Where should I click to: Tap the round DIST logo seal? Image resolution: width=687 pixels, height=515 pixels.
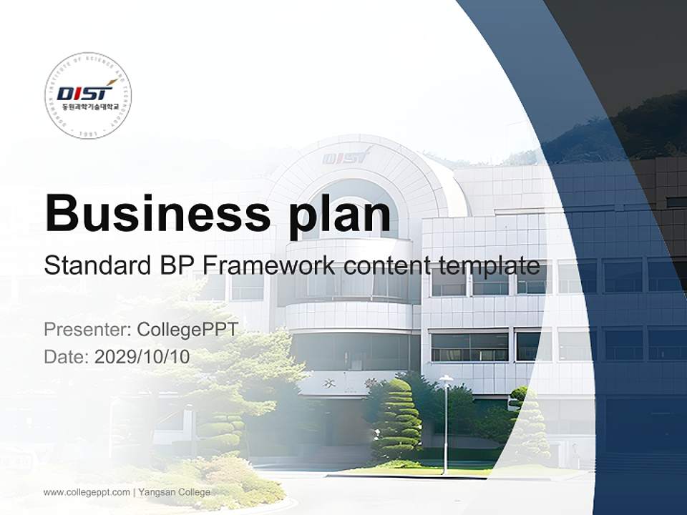pos(87,95)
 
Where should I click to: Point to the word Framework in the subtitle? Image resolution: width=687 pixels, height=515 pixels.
pos(268,266)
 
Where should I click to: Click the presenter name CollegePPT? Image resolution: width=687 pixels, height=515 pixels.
pos(187,330)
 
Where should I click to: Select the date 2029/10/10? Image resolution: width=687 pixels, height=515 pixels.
pos(142,356)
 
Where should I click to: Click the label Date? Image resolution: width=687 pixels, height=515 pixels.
pos(67,356)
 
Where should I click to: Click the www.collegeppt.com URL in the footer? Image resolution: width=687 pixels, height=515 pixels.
pos(87,492)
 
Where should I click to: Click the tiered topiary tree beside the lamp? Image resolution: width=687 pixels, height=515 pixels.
pos(396,422)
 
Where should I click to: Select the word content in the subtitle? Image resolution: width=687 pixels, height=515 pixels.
pos(386,266)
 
